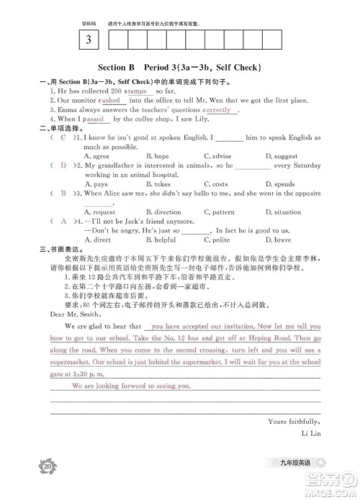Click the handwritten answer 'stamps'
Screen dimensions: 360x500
[135, 91]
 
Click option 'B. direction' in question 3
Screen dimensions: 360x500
[163, 212]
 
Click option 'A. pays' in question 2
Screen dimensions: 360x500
[97, 183]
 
